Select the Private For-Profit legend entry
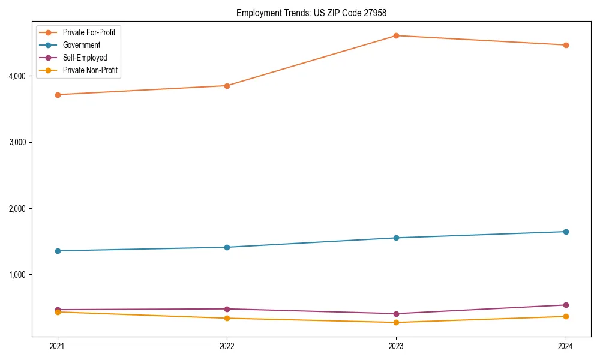89,32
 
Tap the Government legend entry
82,45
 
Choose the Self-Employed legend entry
85,58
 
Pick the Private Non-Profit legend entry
90,70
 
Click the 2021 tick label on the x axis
58,346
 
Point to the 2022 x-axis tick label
227,346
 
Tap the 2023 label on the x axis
396,346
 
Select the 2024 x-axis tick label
565,346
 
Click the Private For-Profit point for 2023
396,35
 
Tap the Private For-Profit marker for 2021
58,95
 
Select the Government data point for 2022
227,247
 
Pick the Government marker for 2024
565,232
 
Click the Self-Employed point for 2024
565,305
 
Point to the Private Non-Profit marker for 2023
396,323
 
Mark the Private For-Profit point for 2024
565,45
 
